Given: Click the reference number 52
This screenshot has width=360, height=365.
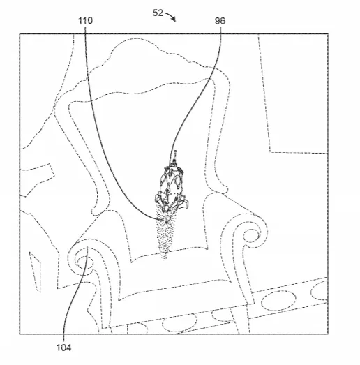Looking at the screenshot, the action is coord(158,13).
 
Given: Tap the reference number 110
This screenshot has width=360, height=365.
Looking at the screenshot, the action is coord(85,21).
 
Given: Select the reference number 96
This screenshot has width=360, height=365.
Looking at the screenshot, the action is coord(220,21).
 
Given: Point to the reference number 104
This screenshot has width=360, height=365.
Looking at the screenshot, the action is coord(63,348).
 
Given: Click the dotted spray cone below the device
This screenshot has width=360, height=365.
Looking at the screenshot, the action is coord(165,235).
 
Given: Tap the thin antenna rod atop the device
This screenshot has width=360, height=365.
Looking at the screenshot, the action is coord(175,156).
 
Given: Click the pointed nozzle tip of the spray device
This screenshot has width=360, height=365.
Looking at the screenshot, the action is coord(167,222).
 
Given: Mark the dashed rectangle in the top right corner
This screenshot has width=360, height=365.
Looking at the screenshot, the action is coord(293,94).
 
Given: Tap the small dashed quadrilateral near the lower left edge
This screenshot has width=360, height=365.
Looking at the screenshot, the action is coord(35,272).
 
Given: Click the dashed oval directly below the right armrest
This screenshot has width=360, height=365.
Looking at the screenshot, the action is coord(278,301).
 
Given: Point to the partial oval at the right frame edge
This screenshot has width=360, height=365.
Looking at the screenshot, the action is coord(320,290).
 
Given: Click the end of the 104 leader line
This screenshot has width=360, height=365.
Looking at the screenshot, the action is coord(87,246).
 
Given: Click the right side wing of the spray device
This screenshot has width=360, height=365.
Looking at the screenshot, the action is coord(184,202).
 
